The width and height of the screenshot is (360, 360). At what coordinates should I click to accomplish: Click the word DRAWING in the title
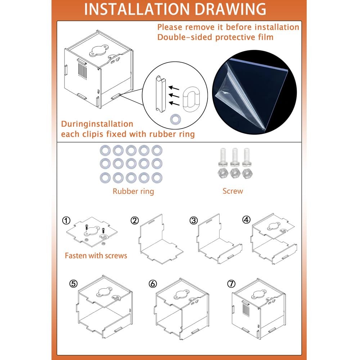tap(231, 9)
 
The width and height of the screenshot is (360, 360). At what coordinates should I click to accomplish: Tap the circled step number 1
tap(66, 221)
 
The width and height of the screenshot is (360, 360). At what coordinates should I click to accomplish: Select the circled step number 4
tap(246, 220)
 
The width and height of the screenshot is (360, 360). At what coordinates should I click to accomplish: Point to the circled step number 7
tap(231, 284)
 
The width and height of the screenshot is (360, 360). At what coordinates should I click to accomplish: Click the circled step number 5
tap(73, 284)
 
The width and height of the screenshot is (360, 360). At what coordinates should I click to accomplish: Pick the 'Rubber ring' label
tap(133, 191)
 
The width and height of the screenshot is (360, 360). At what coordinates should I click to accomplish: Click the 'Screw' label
tap(233, 191)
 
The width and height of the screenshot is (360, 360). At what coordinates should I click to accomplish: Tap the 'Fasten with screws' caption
tap(96, 256)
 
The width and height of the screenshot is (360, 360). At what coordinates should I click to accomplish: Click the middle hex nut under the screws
tap(235, 173)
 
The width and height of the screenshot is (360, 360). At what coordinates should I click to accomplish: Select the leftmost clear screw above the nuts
tap(223, 157)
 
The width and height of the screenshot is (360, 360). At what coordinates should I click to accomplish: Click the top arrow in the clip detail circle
tap(174, 88)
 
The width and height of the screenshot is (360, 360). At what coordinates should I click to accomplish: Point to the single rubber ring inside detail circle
tap(175, 120)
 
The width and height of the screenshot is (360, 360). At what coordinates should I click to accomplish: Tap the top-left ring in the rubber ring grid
tap(105, 150)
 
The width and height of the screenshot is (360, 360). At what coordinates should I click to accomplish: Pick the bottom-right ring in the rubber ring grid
tap(157, 178)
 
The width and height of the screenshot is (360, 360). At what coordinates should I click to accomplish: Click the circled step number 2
tap(135, 221)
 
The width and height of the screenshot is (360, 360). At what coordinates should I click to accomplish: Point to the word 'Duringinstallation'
tap(97, 124)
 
